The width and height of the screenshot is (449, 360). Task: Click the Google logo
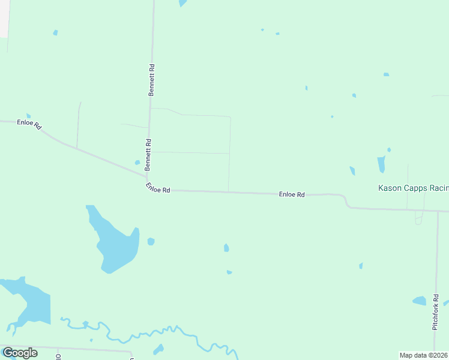pyautogui.click(x=20, y=353)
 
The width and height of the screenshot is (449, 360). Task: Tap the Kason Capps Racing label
pyautogui.click(x=413, y=188)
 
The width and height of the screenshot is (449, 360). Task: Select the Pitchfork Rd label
pyautogui.click(x=436, y=311)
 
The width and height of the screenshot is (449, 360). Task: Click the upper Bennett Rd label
pyautogui.click(x=152, y=80)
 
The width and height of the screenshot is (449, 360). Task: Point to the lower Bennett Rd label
pyautogui.click(x=148, y=154)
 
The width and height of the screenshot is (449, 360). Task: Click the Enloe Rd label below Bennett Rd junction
pyautogui.click(x=158, y=188)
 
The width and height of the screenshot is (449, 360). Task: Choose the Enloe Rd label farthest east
pyautogui.click(x=292, y=194)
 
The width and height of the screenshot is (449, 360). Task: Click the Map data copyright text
pyautogui.click(x=424, y=355)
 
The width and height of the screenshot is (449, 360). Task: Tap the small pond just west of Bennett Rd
pyautogui.click(x=137, y=162)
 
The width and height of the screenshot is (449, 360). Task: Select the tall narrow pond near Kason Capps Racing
pyautogui.click(x=381, y=164)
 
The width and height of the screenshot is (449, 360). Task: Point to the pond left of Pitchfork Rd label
pyautogui.click(x=419, y=301)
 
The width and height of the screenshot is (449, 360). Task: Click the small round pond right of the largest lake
pyautogui.click(x=151, y=242)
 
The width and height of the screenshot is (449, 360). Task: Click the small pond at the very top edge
pyautogui.click(x=182, y=3)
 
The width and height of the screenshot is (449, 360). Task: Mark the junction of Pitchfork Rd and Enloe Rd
pyautogui.click(x=438, y=211)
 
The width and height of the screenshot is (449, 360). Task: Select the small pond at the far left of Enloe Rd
pyautogui.click(x=28, y=116)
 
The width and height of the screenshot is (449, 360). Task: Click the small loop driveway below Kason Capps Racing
pyautogui.click(x=418, y=220)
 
